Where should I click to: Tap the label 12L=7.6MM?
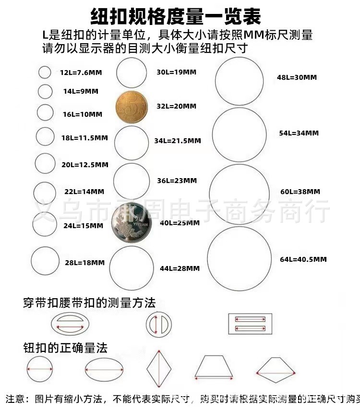point(81,73)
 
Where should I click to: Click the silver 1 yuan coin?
point(130,223)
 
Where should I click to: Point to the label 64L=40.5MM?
point(303,259)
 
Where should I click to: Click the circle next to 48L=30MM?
point(239,80)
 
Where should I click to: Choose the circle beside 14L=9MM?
point(45,91)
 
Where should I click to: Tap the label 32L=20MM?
point(176,106)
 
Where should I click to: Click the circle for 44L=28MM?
point(134,268)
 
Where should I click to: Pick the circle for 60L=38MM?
point(240,194)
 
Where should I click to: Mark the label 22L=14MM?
point(84,192)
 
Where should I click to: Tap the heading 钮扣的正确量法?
point(65,347)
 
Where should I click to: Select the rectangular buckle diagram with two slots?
point(249,323)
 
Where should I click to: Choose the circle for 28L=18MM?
point(45,262)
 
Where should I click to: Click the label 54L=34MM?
point(299,133)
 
